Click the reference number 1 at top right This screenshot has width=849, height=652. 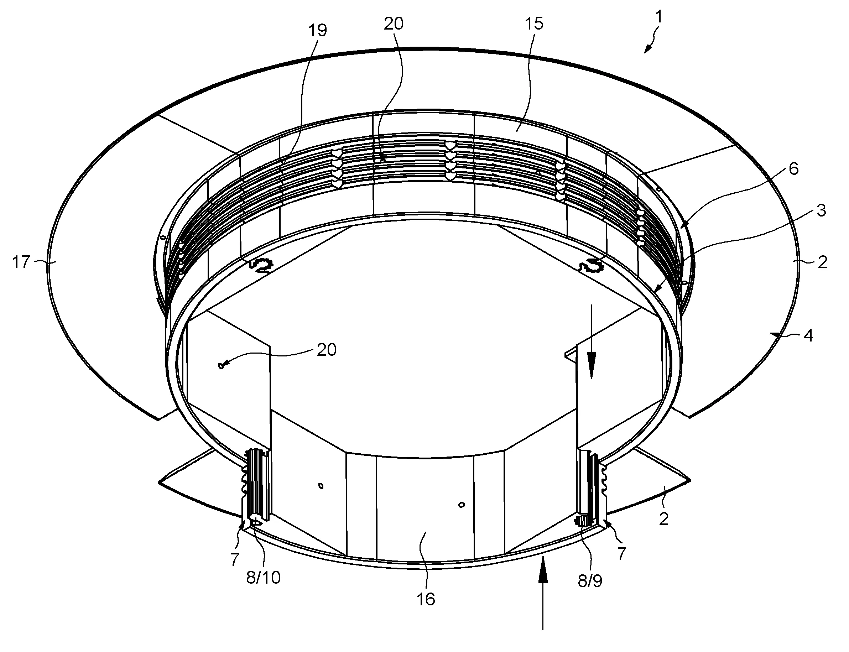tap(658, 17)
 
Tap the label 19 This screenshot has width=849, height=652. tap(317, 30)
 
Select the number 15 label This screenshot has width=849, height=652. tap(534, 24)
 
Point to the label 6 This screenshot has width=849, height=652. tap(794, 169)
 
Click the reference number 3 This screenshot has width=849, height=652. tap(822, 210)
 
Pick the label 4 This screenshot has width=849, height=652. tap(808, 335)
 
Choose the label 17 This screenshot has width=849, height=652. tap(21, 262)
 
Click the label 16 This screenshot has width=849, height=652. tap(426, 599)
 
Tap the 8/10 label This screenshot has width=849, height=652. tap(264, 578)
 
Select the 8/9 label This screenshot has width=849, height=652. tap(590, 581)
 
